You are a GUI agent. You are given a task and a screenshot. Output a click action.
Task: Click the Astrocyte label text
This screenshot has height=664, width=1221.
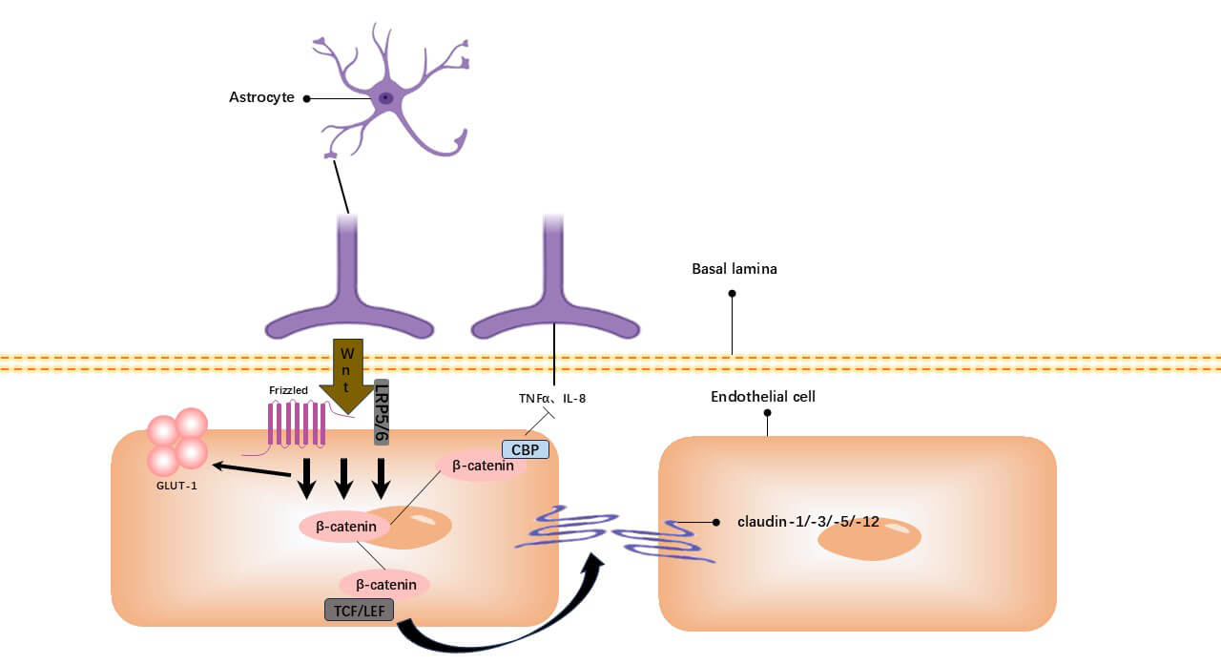(262, 97)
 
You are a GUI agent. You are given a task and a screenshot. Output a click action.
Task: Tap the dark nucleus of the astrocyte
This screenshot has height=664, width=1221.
(385, 97)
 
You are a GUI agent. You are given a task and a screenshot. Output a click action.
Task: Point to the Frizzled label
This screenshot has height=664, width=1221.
(289, 390)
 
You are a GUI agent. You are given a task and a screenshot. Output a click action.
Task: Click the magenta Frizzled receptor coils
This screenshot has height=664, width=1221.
(297, 424)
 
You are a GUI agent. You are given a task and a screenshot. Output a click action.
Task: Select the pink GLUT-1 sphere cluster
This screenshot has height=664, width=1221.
(177, 442)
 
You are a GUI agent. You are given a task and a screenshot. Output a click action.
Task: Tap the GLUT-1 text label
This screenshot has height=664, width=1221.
(177, 484)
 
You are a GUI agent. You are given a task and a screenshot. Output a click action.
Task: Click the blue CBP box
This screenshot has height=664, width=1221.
(526, 448)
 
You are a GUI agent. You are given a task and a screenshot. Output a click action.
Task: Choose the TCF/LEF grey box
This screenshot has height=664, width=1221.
(359, 610)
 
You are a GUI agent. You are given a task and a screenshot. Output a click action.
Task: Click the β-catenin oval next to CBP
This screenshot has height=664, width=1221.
(483, 466)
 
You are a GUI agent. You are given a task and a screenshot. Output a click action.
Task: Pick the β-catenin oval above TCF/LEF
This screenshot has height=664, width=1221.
(384, 583)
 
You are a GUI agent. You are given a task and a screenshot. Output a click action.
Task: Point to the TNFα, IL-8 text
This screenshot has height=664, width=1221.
(545, 398)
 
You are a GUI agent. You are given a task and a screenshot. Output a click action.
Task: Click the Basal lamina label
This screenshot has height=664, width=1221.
(734, 269)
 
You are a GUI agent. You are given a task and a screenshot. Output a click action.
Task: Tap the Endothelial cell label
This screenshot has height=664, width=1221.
(762, 396)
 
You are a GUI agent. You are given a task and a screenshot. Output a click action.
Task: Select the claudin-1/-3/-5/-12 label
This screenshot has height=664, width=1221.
(808, 522)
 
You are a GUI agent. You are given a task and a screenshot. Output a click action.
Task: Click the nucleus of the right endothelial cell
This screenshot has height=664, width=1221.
(869, 539)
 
